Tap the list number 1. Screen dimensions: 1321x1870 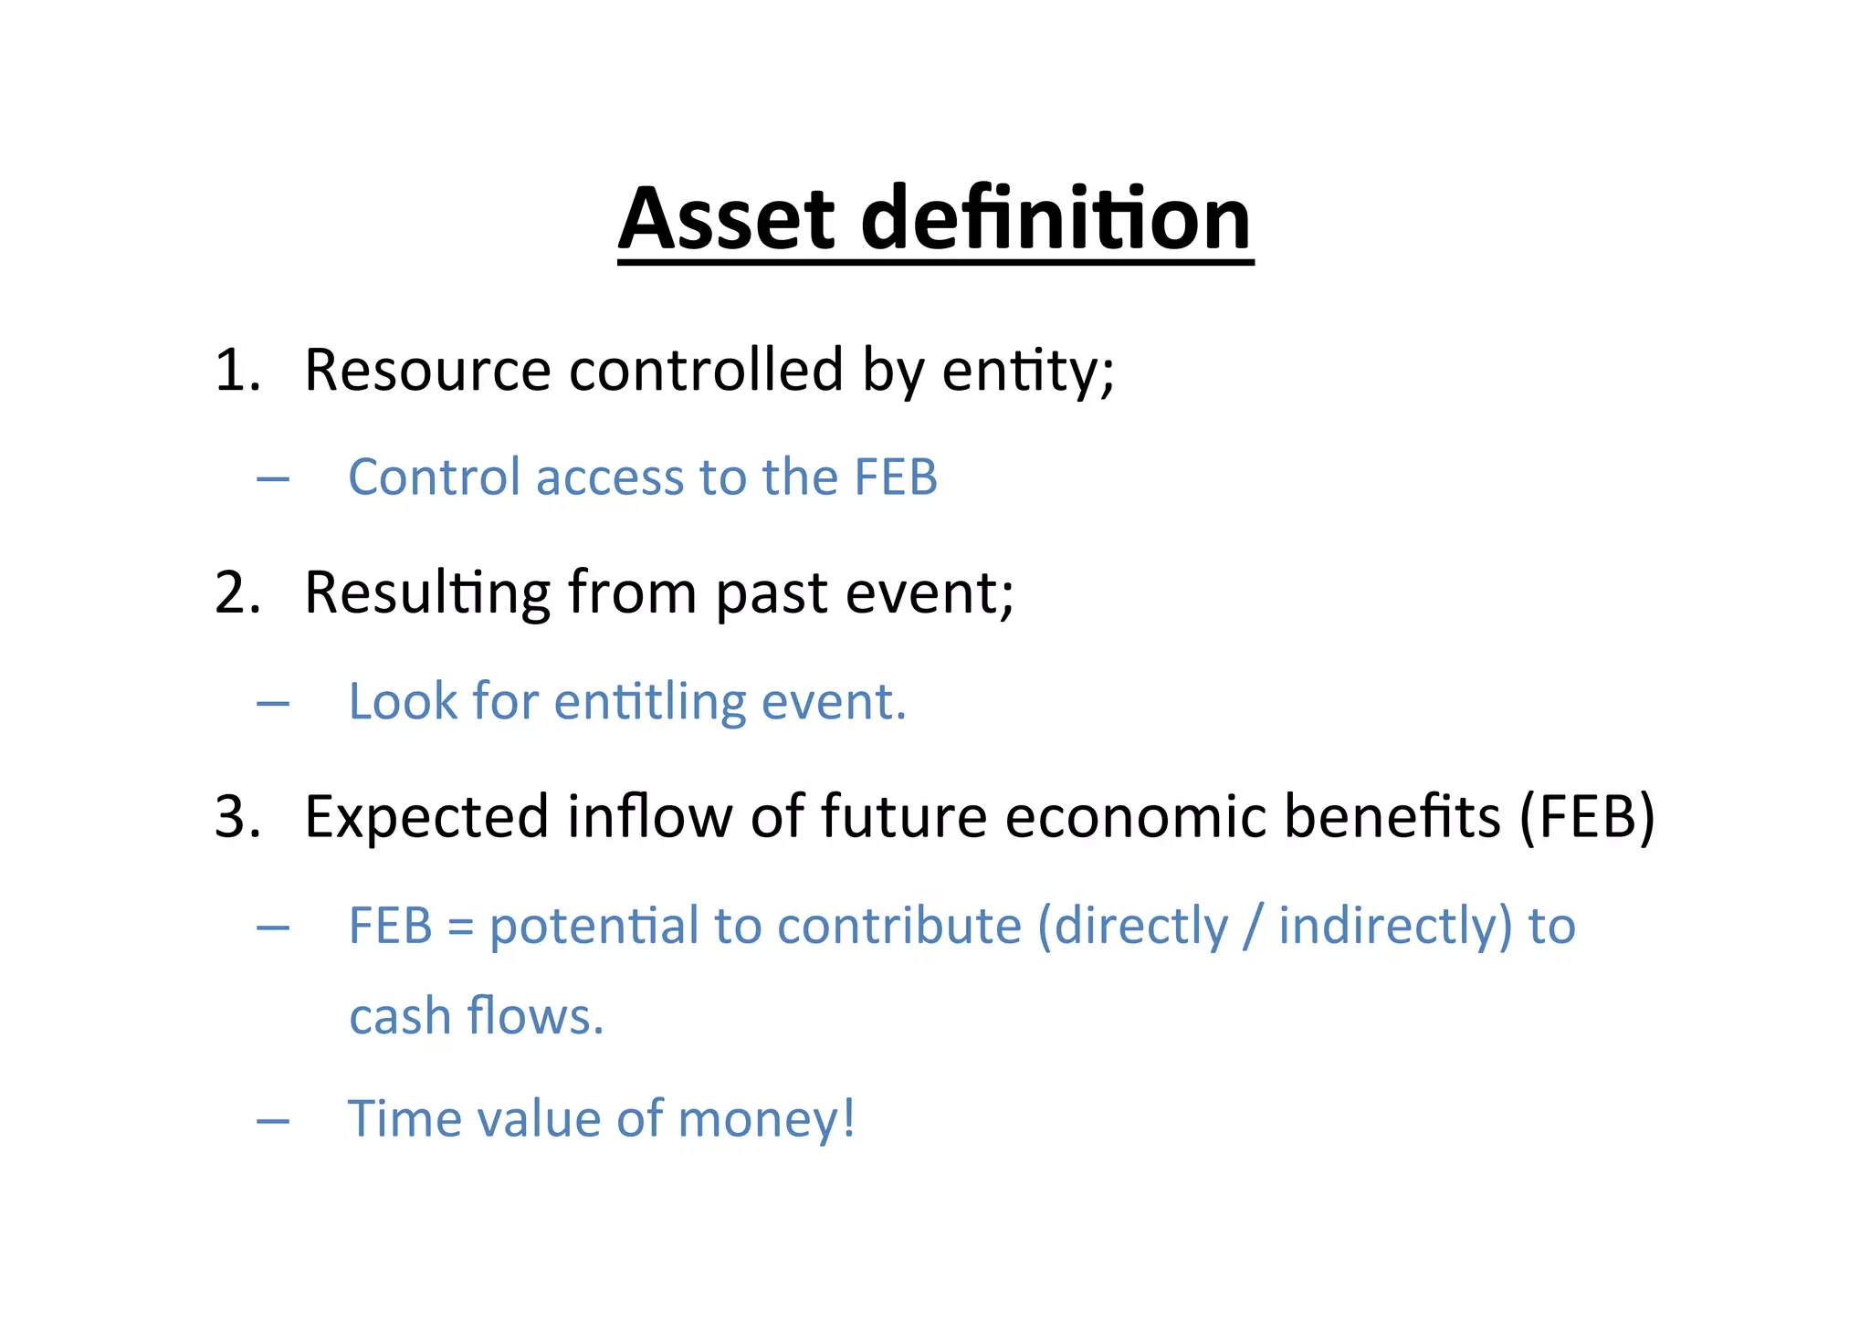tap(236, 372)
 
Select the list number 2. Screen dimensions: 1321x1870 tap(236, 593)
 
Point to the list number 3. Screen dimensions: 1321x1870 tap(236, 817)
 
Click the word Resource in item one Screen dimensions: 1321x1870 tap(426, 371)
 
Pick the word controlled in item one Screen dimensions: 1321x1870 tap(706, 371)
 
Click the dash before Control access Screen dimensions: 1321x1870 tap(273, 478)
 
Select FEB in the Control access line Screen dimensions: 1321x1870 tap(895, 477)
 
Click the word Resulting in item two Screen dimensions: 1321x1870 tap(426, 594)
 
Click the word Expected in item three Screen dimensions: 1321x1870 tap(426, 817)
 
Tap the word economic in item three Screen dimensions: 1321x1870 tap(1135, 816)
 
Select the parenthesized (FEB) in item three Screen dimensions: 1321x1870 tap(1587, 817)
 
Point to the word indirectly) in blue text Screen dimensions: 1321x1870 tap(1394, 927)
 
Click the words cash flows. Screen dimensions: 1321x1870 tap(476, 1017)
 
